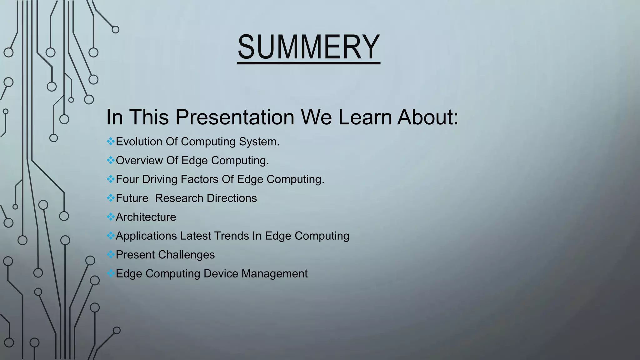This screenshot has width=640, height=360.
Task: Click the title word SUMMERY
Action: (308, 47)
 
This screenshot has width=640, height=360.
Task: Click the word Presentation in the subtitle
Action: (235, 117)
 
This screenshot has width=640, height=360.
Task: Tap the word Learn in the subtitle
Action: (365, 117)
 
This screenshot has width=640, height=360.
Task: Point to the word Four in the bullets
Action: (127, 179)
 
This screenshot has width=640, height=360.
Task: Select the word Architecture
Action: (146, 217)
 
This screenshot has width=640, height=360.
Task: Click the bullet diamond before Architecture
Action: (110, 217)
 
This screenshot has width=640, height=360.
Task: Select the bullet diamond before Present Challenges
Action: (110, 254)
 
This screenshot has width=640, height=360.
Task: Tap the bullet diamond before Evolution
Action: (110, 141)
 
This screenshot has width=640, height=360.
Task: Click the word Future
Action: (132, 198)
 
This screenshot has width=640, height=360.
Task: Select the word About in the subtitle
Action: (427, 117)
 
